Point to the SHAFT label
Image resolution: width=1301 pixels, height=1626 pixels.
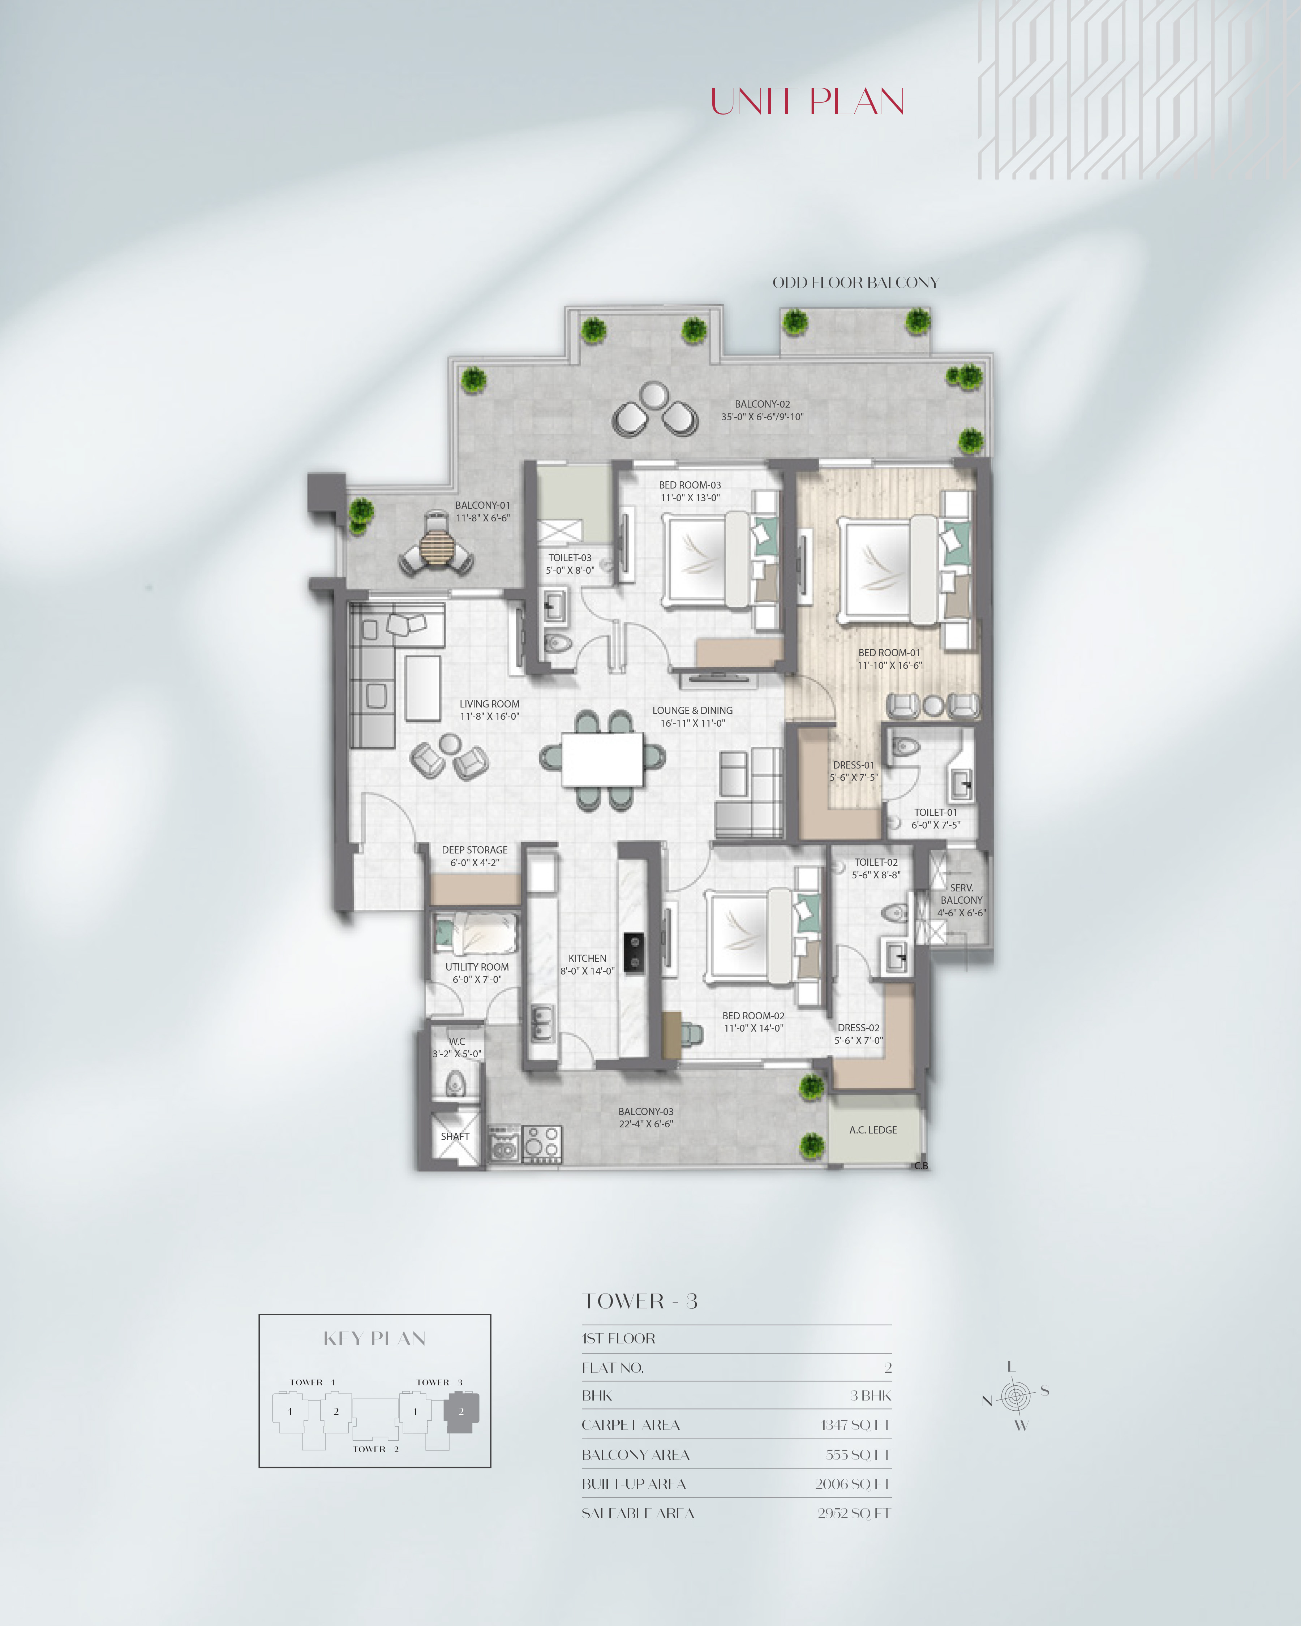(455, 1136)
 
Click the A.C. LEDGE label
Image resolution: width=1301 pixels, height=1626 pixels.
(873, 1130)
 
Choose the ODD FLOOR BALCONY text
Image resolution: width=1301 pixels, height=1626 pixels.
(855, 283)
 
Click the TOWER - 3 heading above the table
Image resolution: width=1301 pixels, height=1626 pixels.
(640, 1302)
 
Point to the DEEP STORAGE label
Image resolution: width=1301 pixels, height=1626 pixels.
(475, 850)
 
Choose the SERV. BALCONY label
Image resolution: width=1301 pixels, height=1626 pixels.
(962, 894)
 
